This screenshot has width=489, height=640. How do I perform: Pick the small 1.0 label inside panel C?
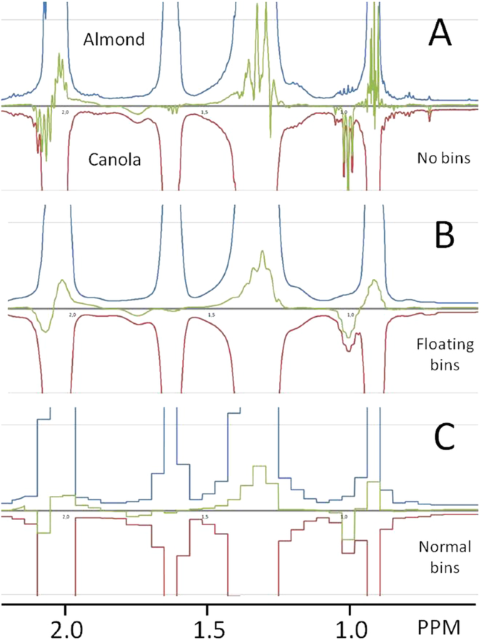[344, 517]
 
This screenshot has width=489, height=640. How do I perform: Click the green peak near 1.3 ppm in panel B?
[262, 253]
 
